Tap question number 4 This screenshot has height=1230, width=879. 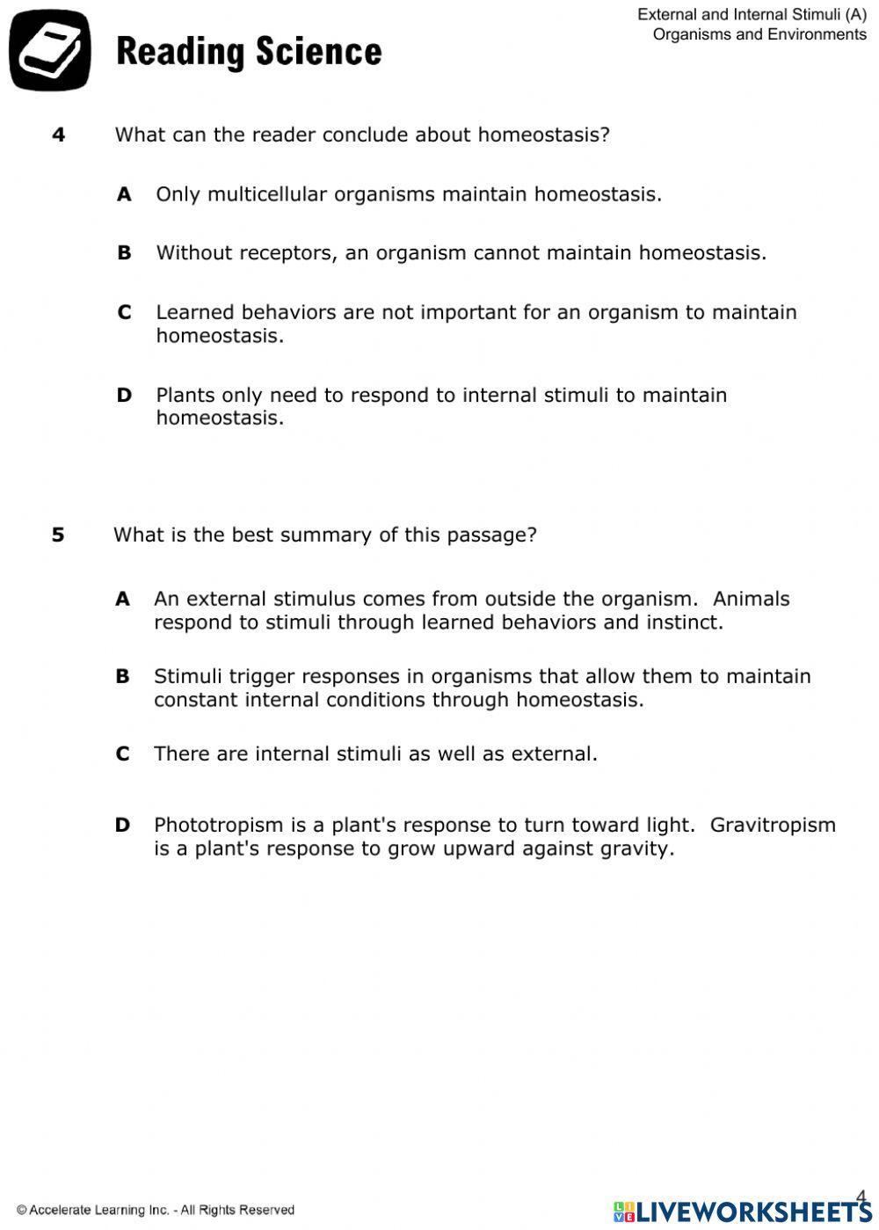pos(59,135)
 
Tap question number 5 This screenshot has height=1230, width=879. pos(58,535)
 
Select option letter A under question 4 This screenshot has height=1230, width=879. pos(124,194)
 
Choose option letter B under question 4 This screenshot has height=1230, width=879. pos(124,253)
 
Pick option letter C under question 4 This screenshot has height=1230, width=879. pos(124,312)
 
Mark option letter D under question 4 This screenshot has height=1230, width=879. pos(124,395)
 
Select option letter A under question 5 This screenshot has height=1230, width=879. pos(122,599)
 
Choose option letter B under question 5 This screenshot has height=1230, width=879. pos(122,676)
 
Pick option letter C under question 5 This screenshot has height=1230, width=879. pos(122,753)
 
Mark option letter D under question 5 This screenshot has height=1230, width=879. pos(122,825)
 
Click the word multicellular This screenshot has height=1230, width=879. pos(267,194)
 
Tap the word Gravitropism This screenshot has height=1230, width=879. pos(773,825)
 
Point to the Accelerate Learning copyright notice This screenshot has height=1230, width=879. pos(156,1211)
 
